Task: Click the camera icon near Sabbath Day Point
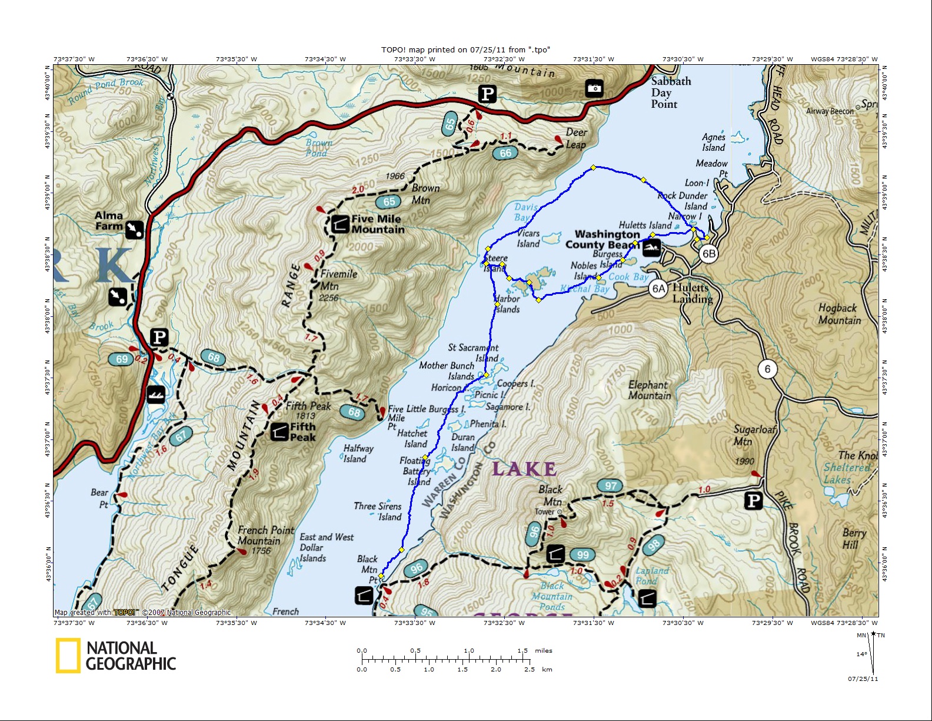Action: point(594,88)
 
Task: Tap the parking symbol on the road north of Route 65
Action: point(487,94)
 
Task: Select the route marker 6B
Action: point(708,254)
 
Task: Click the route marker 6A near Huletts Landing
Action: point(658,289)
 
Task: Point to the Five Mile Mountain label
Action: point(377,224)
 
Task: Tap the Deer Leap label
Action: point(576,138)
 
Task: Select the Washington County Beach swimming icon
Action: point(651,248)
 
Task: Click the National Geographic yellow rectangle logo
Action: point(68,656)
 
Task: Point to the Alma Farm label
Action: point(109,220)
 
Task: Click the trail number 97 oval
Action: point(611,486)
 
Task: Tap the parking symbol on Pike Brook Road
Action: point(753,501)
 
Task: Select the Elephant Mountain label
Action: point(649,390)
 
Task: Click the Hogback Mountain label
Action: point(839,314)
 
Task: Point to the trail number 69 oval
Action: point(122,359)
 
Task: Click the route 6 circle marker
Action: point(767,369)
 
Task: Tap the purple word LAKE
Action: point(524,469)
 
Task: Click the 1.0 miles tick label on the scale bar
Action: point(469,650)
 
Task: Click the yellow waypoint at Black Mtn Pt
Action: point(381,576)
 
